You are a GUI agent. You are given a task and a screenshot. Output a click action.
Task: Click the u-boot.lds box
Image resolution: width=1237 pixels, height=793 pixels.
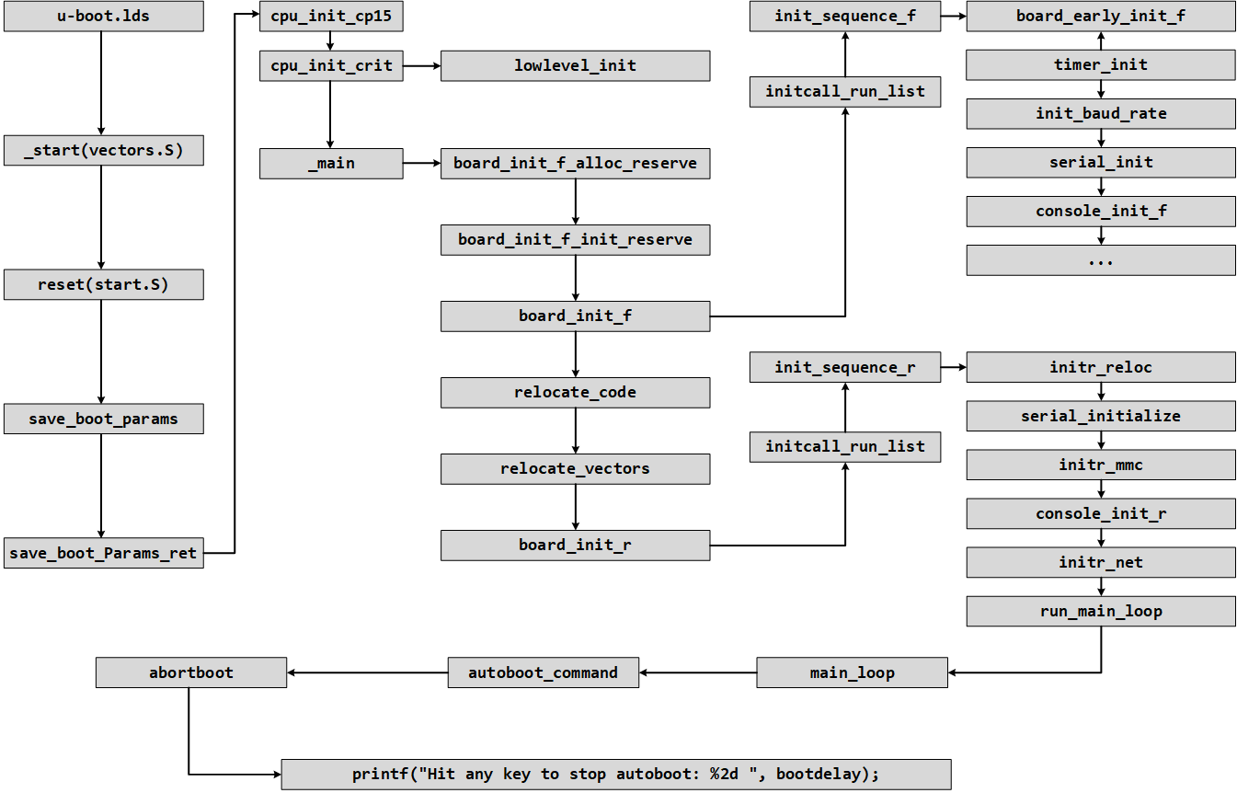(x=104, y=17)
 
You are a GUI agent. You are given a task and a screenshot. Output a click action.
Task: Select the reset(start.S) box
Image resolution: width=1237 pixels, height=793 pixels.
(x=104, y=284)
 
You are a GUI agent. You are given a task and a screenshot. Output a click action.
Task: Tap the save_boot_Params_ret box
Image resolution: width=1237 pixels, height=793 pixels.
(x=104, y=553)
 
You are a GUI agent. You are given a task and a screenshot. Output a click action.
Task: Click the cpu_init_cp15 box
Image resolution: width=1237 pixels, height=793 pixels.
(x=331, y=17)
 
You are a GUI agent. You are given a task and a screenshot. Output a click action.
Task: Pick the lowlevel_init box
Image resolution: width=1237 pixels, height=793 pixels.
(x=575, y=65)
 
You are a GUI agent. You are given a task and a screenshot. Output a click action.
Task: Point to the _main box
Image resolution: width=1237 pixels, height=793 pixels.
(x=331, y=164)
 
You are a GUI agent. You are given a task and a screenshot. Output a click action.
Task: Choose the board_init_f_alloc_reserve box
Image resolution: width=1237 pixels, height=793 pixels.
(x=575, y=164)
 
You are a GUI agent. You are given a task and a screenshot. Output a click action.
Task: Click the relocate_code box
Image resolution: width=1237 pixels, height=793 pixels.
(x=575, y=392)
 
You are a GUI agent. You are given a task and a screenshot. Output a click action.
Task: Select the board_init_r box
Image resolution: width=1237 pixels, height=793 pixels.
(x=575, y=545)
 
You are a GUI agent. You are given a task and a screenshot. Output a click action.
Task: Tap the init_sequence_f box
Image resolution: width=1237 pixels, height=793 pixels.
(x=844, y=17)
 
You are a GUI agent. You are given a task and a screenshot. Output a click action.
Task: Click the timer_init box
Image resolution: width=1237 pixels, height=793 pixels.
(x=1101, y=65)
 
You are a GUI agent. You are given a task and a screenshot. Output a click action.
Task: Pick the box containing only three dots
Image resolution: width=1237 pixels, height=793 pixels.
(x=1101, y=260)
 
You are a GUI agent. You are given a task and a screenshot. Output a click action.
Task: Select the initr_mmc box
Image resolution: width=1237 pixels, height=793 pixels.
(x=1101, y=465)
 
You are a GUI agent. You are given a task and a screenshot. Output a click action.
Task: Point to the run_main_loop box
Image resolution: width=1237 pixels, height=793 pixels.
(x=1101, y=611)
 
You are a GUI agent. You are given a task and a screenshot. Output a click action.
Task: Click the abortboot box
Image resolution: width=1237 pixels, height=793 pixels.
(x=191, y=672)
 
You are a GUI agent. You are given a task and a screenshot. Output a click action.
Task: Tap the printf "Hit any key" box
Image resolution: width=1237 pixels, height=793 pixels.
(x=616, y=774)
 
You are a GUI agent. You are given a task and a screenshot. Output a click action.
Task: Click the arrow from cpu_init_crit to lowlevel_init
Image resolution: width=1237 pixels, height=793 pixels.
(x=422, y=65)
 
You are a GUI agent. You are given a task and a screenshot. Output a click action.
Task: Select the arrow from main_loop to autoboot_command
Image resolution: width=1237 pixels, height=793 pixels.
(x=699, y=672)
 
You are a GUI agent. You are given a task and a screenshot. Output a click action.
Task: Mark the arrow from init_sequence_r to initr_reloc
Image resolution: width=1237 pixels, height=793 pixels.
(x=954, y=368)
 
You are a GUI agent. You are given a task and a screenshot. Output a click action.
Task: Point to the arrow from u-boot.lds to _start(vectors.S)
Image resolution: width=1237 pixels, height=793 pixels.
(x=101, y=83)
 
